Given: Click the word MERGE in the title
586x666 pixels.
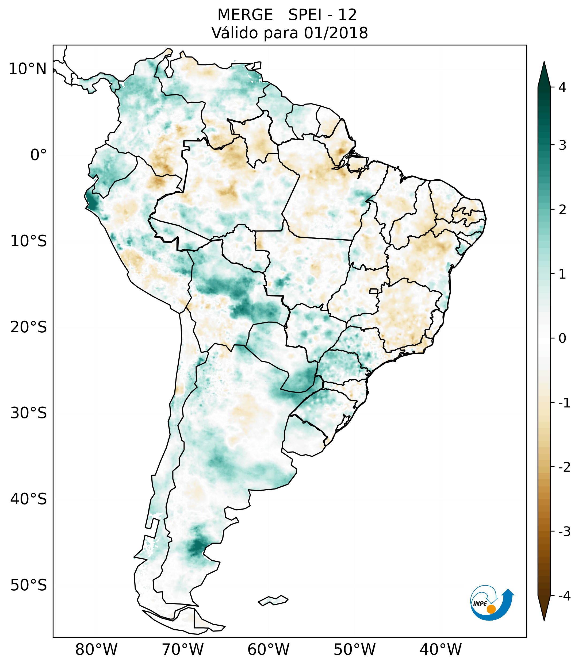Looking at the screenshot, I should tap(245, 15).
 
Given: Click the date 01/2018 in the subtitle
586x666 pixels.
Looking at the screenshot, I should tap(336, 33).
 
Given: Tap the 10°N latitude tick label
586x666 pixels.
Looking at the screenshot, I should tap(28, 69).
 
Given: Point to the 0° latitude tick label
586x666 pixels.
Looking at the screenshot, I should tap(39, 155).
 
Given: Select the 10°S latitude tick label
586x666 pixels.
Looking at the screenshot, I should tap(29, 241).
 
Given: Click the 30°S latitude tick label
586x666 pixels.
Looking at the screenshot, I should tap(29, 413).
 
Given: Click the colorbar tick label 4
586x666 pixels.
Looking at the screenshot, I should tap(562, 87).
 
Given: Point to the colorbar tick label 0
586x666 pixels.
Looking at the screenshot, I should tap(562, 338).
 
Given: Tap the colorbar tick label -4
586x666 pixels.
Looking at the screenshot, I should tap(564, 596).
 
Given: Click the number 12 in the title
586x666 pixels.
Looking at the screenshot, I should tap(347, 15).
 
